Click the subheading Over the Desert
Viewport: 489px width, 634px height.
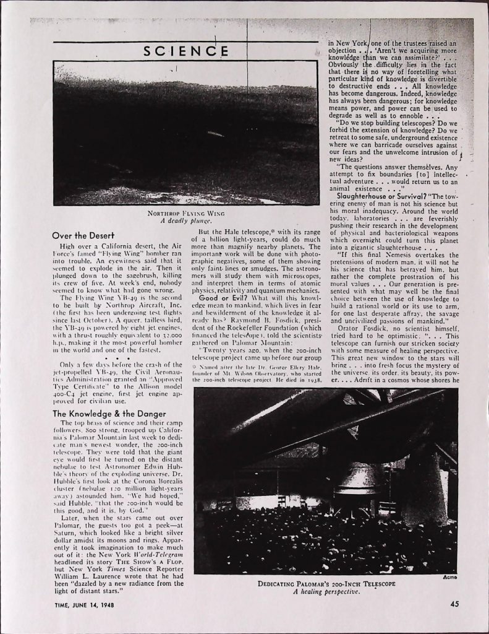(x=83, y=235)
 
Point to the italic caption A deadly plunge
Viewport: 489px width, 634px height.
(x=187, y=220)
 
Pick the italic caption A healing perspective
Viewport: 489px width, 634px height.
(x=325, y=591)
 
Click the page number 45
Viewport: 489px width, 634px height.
(x=454, y=605)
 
